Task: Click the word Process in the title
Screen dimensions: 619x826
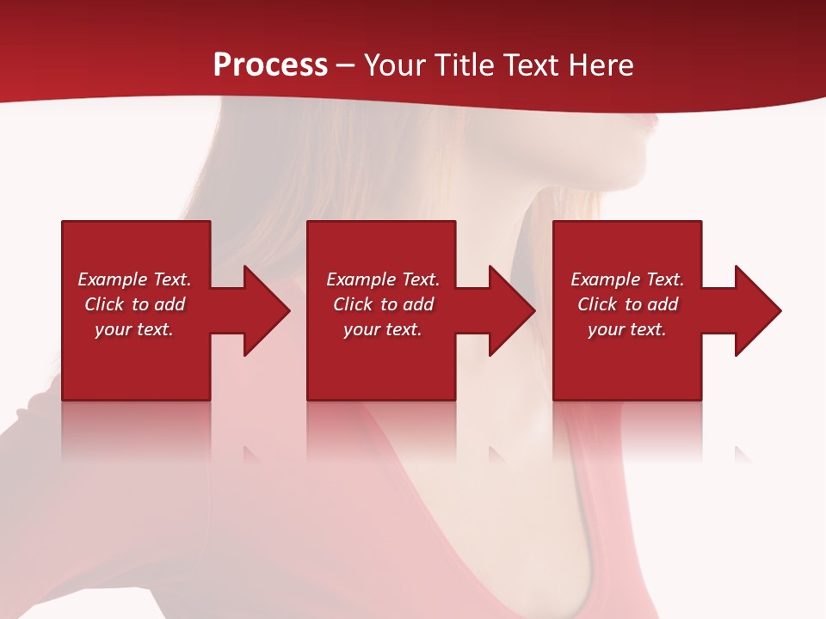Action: click(x=270, y=65)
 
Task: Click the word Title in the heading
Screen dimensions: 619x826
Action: click(x=466, y=65)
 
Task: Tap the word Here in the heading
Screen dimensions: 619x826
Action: click(x=600, y=65)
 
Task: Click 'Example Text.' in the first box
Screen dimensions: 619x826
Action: click(x=134, y=279)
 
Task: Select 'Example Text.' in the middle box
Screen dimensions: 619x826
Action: click(x=383, y=279)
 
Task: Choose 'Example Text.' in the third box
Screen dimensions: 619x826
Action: click(x=627, y=279)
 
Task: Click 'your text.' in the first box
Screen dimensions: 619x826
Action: click(x=134, y=329)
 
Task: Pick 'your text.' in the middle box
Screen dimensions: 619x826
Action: click(x=383, y=329)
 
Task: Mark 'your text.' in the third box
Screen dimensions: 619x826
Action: click(x=627, y=329)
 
